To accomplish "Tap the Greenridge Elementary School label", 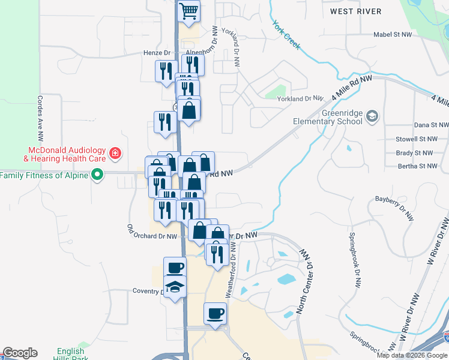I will pos(327,117).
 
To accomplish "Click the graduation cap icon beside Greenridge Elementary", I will pos(372,116).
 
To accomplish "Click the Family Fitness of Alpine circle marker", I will pos(95,175).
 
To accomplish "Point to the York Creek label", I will pos(286,35).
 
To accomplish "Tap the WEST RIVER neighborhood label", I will pos(356,11).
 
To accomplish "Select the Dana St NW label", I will pos(431,125).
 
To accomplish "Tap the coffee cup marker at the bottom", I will pos(215,313).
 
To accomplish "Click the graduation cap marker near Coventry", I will pos(175,286).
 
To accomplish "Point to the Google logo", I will pos(20,353).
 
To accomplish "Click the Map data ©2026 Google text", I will pos(412,355).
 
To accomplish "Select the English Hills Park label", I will pos(71,355).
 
